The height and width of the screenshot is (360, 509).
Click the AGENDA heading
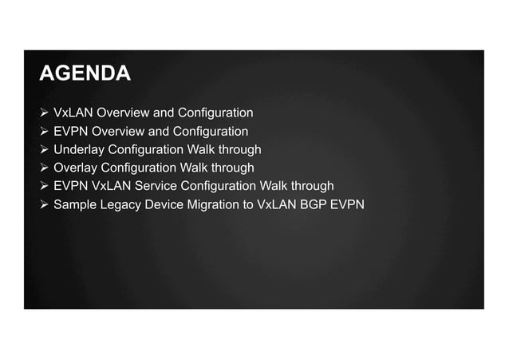point(85,74)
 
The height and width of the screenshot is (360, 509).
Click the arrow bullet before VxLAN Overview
point(45,113)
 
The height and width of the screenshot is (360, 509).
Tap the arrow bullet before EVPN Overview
point(45,131)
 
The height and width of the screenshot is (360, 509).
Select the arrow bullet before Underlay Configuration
point(45,149)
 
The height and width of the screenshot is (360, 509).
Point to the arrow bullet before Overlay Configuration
point(45,168)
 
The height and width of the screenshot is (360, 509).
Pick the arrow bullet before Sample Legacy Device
point(45,204)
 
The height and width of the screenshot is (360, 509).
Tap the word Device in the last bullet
point(163,204)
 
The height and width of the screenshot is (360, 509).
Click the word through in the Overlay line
point(231,168)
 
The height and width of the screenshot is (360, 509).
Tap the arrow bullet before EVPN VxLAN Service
point(45,186)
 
